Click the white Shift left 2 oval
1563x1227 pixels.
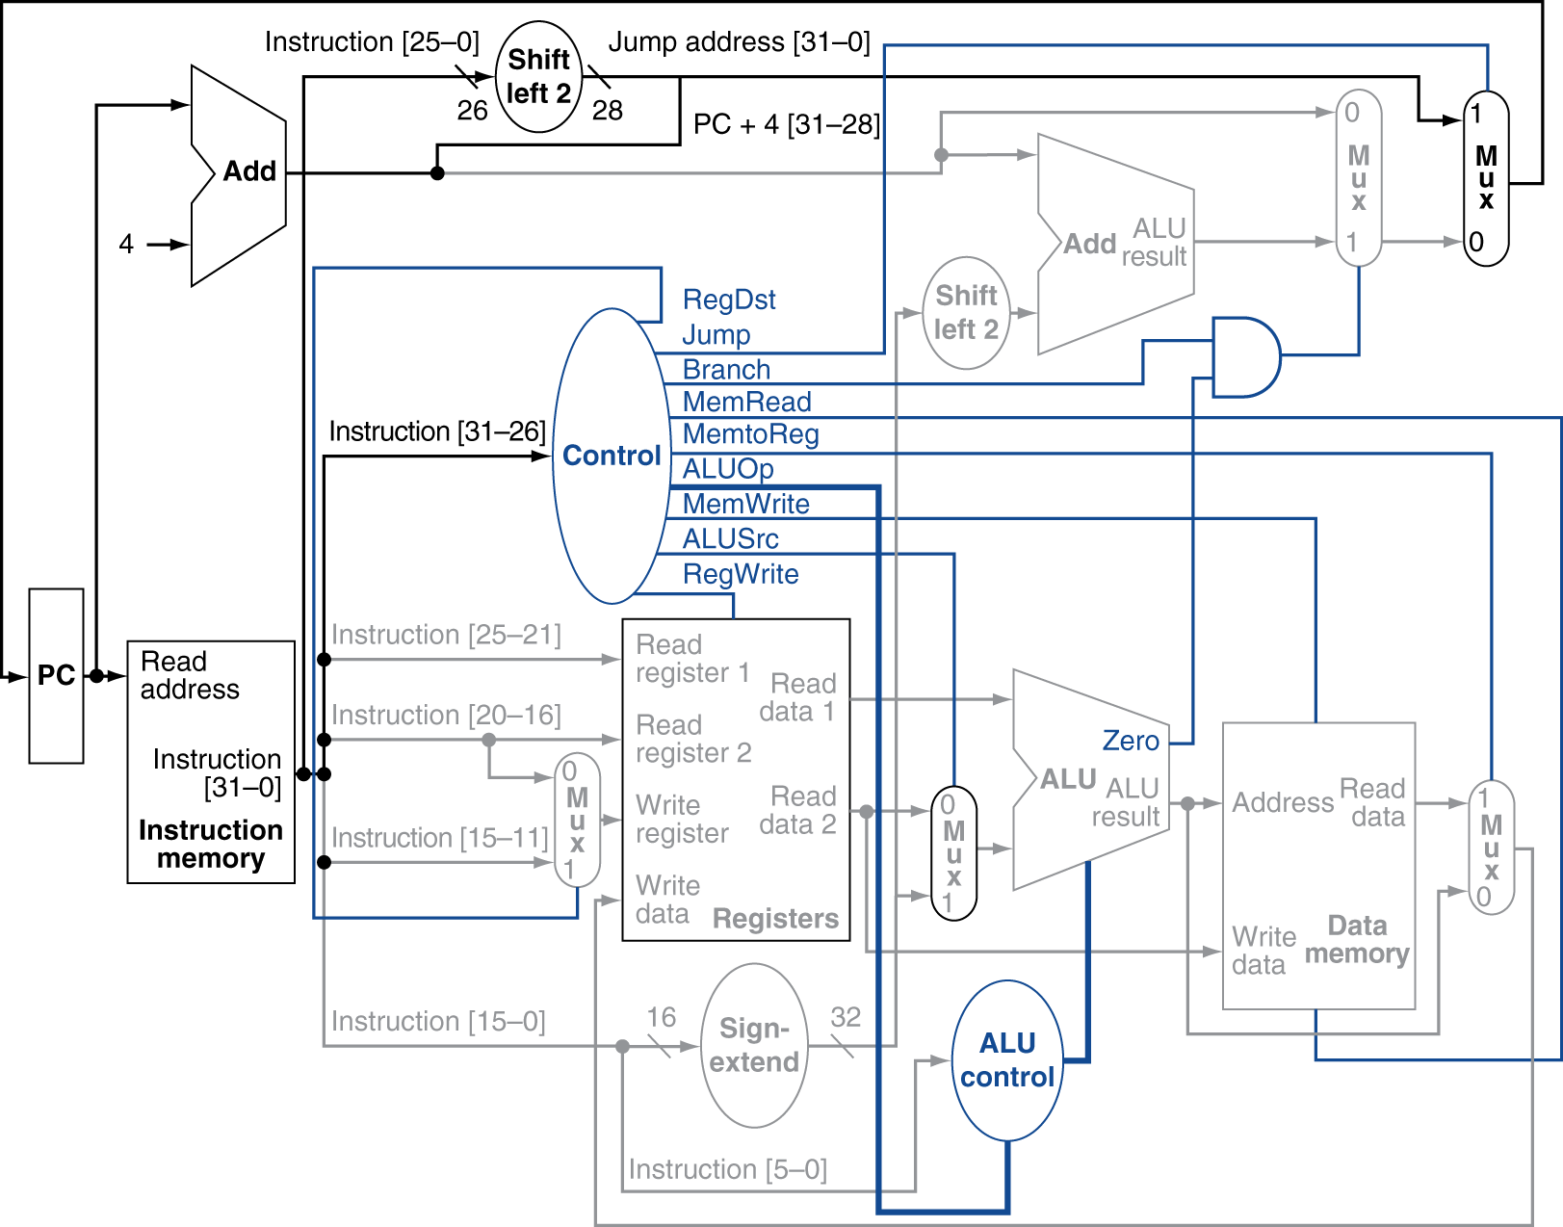click(538, 77)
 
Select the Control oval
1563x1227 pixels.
click(612, 456)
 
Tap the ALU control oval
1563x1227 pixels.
click(1007, 1060)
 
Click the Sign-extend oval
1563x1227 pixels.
click(754, 1045)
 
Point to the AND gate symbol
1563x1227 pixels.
click(1245, 356)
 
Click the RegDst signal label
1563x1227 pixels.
click(729, 300)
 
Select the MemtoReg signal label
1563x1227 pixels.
click(750, 434)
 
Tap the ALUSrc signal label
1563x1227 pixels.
click(730, 538)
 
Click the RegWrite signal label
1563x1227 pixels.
click(740, 574)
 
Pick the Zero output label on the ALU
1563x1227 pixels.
click(1131, 741)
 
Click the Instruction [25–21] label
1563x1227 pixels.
click(446, 635)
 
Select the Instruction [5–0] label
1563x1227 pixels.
click(727, 1169)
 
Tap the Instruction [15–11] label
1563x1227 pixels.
click(439, 838)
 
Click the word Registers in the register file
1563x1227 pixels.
click(775, 919)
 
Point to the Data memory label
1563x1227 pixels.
click(1357, 940)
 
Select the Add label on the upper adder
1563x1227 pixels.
click(1089, 244)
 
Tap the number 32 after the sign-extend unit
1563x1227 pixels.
click(846, 1017)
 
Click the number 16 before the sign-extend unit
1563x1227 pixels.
click(661, 1017)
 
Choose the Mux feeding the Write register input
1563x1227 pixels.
click(577, 821)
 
